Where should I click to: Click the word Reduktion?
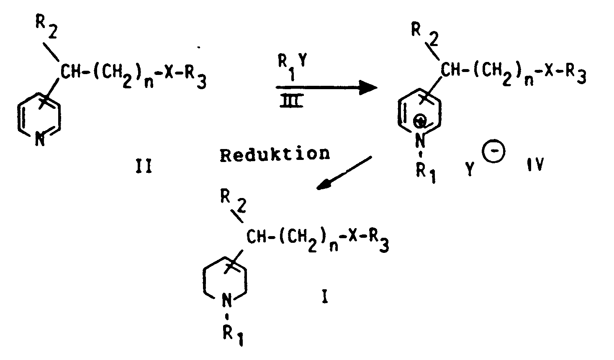pos(275,154)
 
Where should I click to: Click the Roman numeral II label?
pos(144,167)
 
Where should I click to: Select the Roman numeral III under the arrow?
pos(291,101)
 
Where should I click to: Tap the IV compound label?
pos(535,165)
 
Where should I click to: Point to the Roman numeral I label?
pos(325,297)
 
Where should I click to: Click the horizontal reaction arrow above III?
pos(327,88)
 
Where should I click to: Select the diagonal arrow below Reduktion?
pos(344,173)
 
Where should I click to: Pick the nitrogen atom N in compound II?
pos(40,140)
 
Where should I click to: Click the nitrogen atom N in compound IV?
pos(420,141)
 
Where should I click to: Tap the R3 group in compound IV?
pos(576,74)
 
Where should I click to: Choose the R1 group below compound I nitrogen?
pos(233,336)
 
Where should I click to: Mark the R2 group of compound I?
pos(233,203)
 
